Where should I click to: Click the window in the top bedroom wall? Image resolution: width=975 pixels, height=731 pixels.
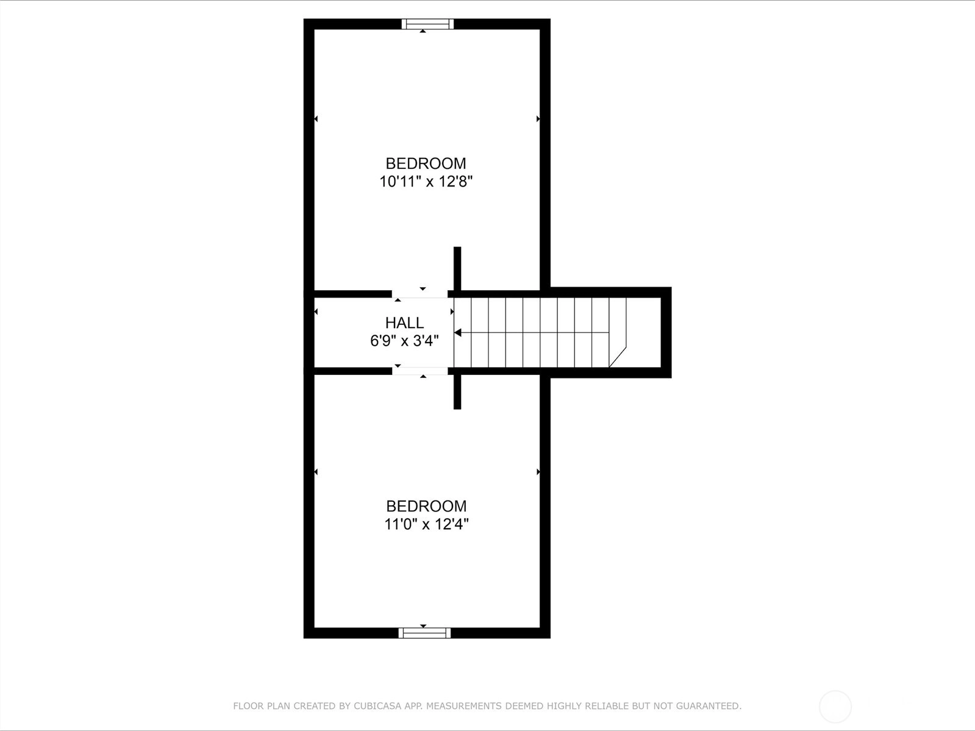tap(427, 24)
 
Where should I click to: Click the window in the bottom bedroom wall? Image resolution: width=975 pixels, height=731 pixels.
tap(424, 633)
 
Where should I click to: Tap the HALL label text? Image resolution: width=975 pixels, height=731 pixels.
tap(404, 323)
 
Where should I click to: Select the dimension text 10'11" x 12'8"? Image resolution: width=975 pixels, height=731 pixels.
tap(426, 182)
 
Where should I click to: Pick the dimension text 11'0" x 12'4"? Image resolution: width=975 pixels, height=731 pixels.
tap(426, 524)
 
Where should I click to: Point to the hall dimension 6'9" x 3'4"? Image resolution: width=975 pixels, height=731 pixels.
tap(404, 341)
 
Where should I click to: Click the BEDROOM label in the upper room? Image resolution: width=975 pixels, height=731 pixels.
tap(426, 163)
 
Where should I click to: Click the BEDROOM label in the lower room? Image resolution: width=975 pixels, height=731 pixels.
tap(426, 506)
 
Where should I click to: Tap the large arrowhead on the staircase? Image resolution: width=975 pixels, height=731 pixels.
tap(457, 333)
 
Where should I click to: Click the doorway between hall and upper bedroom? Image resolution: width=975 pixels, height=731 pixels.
tap(420, 294)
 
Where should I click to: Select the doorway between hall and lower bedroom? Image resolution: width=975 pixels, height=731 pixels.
tap(420, 371)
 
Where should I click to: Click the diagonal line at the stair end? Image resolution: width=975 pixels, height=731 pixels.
tap(618, 357)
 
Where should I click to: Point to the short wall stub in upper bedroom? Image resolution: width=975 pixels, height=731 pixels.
tap(457, 268)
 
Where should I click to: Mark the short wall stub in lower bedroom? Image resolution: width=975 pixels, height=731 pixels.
tap(457, 391)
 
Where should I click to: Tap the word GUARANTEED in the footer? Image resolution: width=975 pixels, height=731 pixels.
tap(709, 705)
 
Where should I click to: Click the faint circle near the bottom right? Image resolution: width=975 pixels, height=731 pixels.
tap(835, 707)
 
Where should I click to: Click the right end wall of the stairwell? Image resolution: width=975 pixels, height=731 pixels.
tap(666, 333)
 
